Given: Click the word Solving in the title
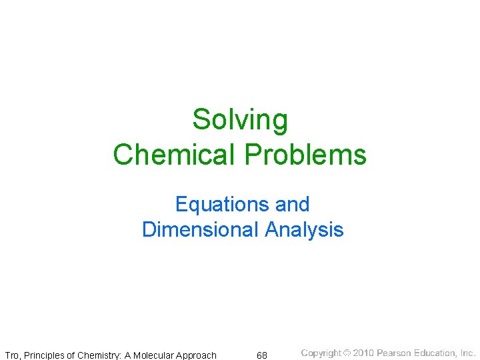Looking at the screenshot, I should (240, 121).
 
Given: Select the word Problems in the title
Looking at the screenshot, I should (306, 155).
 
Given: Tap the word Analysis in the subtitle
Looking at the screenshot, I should (304, 230).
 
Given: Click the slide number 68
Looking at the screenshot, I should (262, 355).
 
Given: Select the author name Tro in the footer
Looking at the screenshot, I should (12, 355).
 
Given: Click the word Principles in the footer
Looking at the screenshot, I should (44, 355).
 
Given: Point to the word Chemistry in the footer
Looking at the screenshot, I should (98, 355).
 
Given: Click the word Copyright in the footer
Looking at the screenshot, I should (321, 353).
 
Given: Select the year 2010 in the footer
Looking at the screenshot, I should (363, 353).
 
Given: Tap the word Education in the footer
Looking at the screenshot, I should (435, 353).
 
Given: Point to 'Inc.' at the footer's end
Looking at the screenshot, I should (468, 353).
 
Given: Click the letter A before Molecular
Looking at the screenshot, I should (129, 355).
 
